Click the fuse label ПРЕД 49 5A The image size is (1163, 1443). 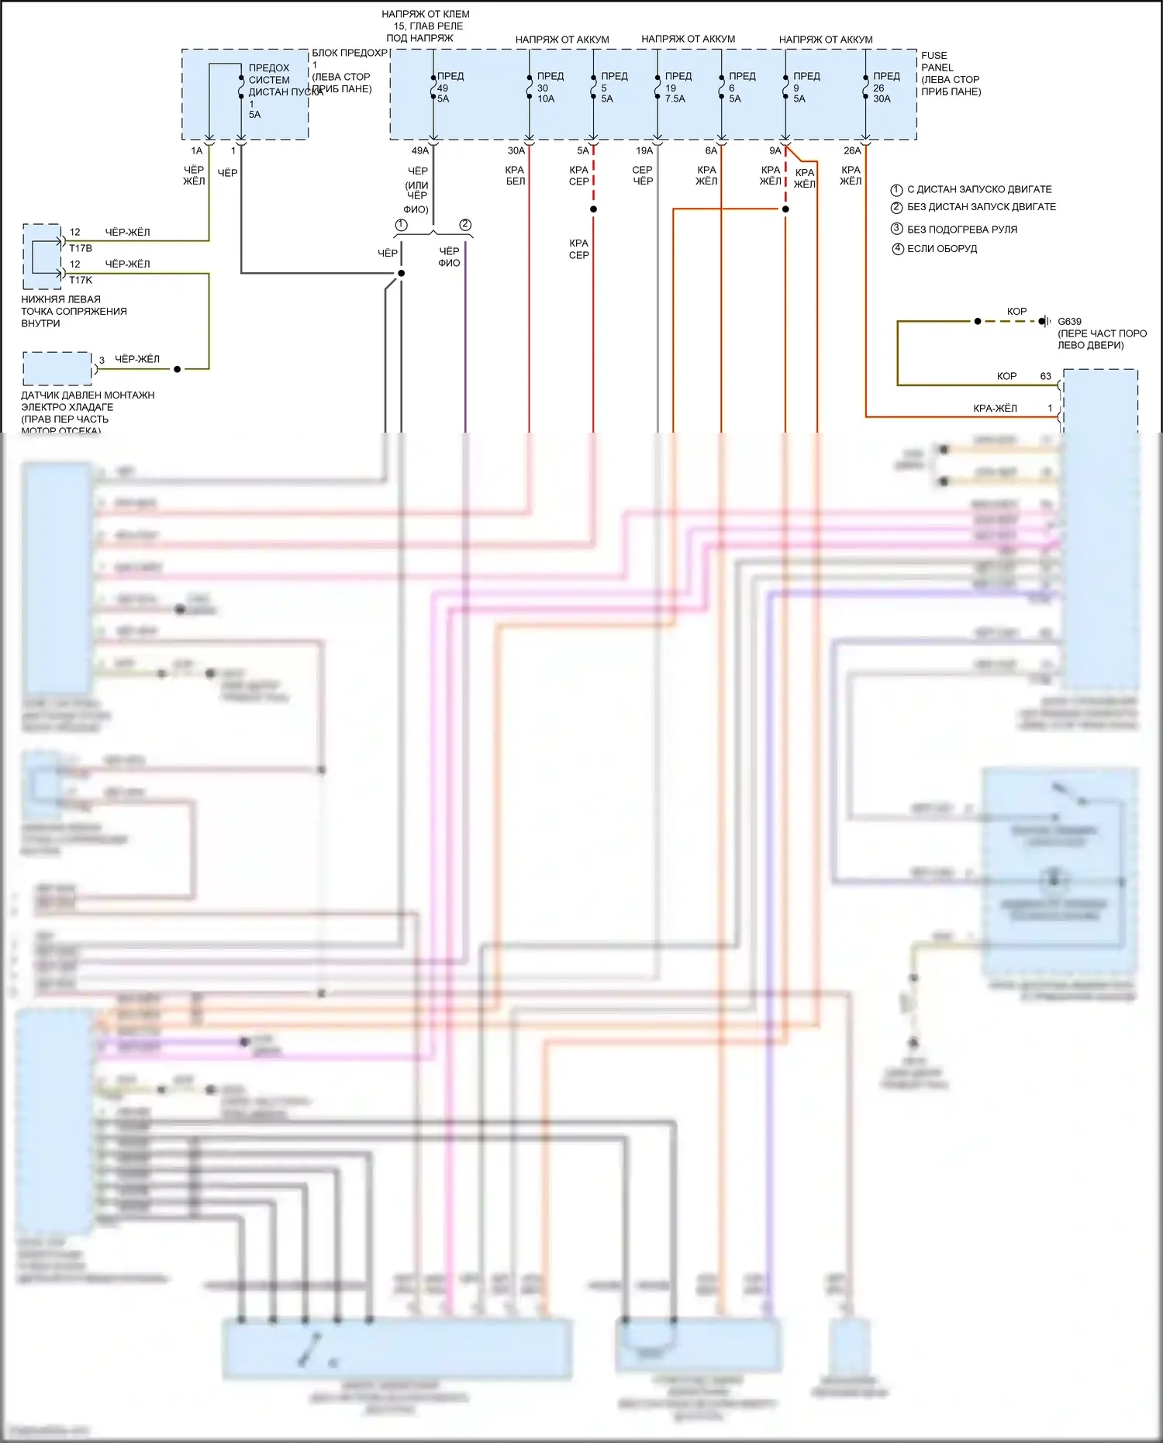pos(447,87)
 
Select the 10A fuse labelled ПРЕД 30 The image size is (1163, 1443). pos(549,87)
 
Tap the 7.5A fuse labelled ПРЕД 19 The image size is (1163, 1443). pos(677,87)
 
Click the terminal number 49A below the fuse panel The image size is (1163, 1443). pos(419,150)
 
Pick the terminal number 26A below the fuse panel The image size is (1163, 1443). pos(851,150)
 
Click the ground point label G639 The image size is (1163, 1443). pos(1069,321)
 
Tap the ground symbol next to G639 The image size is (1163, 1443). pos(1046,321)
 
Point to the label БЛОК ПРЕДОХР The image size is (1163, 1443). pos(350,53)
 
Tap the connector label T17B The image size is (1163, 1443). pos(81,248)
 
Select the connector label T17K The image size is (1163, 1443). pos(81,280)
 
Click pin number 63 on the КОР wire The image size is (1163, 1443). pos(1045,376)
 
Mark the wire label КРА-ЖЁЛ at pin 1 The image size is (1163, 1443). pos(995,408)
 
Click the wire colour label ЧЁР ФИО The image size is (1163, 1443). pos(449,257)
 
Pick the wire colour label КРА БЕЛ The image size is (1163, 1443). pos(516,175)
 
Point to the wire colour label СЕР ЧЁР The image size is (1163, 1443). pos(643,175)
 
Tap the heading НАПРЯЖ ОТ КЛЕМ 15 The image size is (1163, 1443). pos(426,20)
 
